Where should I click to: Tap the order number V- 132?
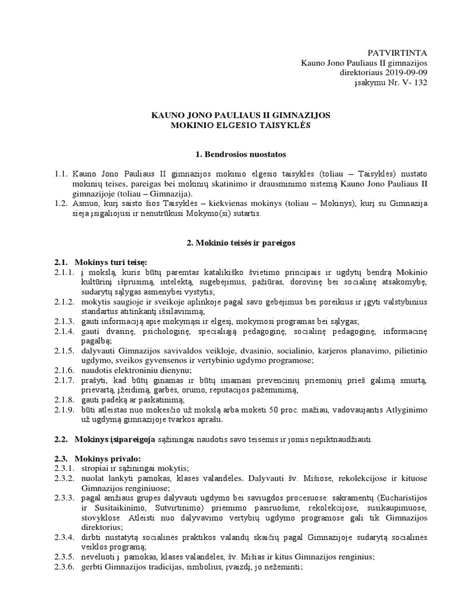pyautogui.click(x=414, y=83)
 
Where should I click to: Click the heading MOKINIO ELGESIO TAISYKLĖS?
pyautogui.click(x=241, y=126)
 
